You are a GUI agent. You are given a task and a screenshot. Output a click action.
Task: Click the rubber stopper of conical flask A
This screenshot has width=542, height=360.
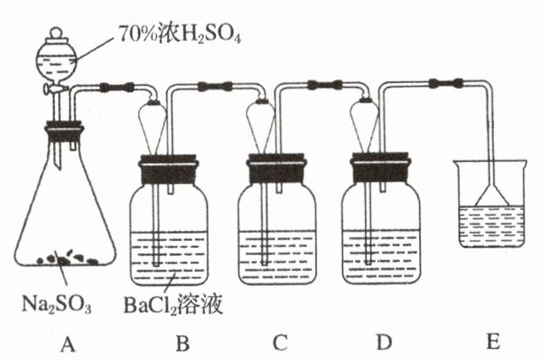(x=63, y=131)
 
